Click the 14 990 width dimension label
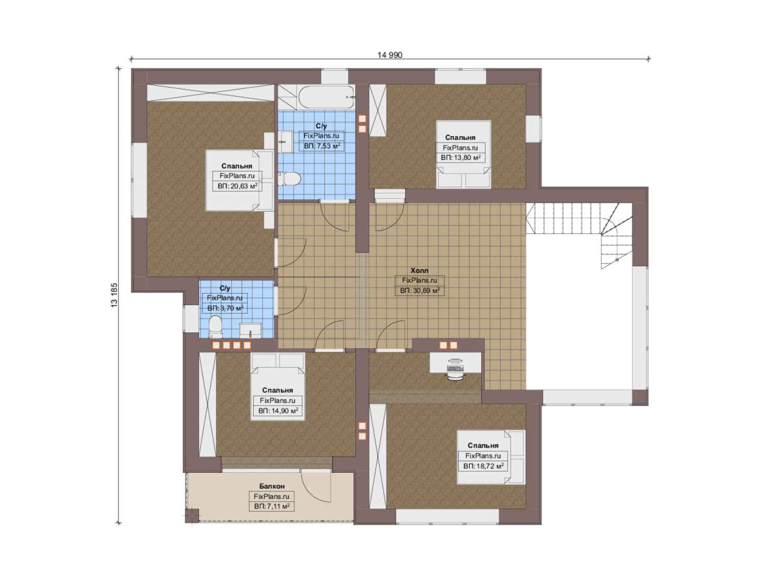pyautogui.click(x=390, y=55)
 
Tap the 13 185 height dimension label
pyautogui.click(x=114, y=295)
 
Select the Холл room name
pyautogui.click(x=419, y=270)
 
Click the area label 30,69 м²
pyautogui.click(x=420, y=290)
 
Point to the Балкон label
pyautogui.click(x=272, y=486)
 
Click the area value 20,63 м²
pyautogui.click(x=237, y=186)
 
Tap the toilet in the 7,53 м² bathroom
pyautogui.click(x=288, y=179)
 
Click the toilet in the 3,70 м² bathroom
pyautogui.click(x=215, y=327)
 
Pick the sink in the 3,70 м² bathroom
pyautogui.click(x=251, y=331)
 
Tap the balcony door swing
pyautogui.click(x=315, y=486)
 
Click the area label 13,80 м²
pyautogui.click(x=461, y=158)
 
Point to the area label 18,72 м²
pyautogui.click(x=483, y=466)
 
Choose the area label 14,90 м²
pyautogui.click(x=278, y=411)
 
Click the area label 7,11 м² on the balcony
pyautogui.click(x=272, y=506)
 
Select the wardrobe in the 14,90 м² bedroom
pyautogui.click(x=207, y=404)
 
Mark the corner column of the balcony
pyautogui.click(x=192, y=515)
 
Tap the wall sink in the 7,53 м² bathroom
pyautogui.click(x=286, y=141)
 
